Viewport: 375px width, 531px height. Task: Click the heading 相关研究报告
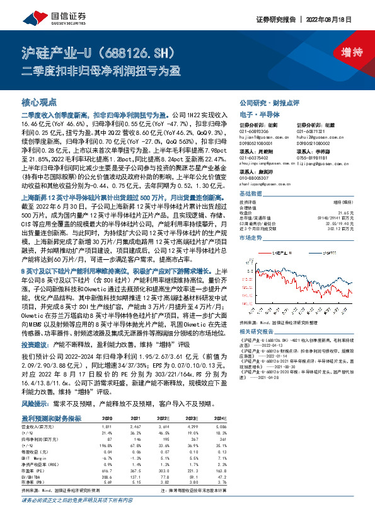point(255,330)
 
